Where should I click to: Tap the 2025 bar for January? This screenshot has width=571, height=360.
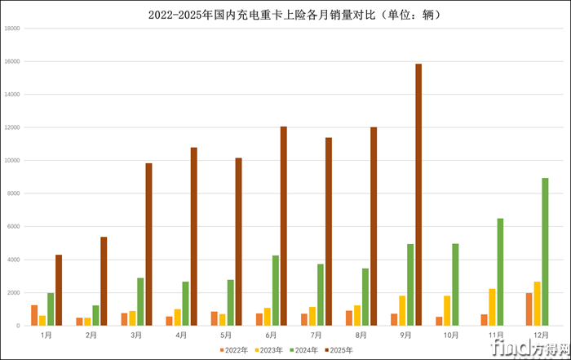pos(59,290)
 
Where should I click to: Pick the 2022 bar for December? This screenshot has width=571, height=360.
pos(529,309)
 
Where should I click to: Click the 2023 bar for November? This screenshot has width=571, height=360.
pos(492,307)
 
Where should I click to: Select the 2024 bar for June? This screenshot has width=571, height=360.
pos(276,291)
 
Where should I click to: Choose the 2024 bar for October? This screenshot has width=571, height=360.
pos(455,284)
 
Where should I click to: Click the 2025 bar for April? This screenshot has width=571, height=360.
pos(193,237)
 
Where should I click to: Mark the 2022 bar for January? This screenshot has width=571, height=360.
pos(34,315)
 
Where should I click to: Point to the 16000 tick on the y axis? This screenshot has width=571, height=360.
pos(12,61)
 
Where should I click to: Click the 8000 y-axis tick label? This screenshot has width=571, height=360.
pos(14,193)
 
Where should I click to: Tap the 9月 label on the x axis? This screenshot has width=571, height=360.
pos(406,335)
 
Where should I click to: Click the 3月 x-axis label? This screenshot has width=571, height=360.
pos(136,335)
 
